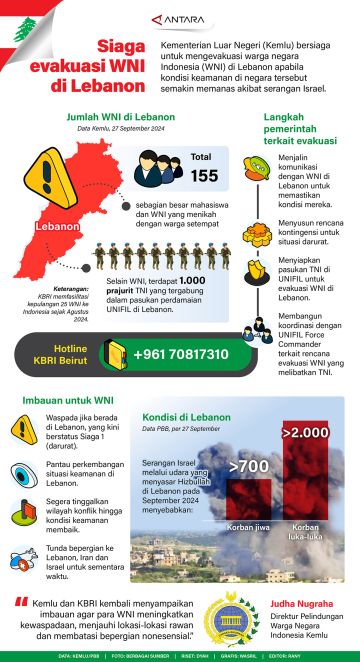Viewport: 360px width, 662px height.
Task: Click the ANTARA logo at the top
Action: pos(175,18)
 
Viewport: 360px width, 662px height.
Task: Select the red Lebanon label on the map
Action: pos(56,226)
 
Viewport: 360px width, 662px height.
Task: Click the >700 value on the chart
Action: pos(248,465)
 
